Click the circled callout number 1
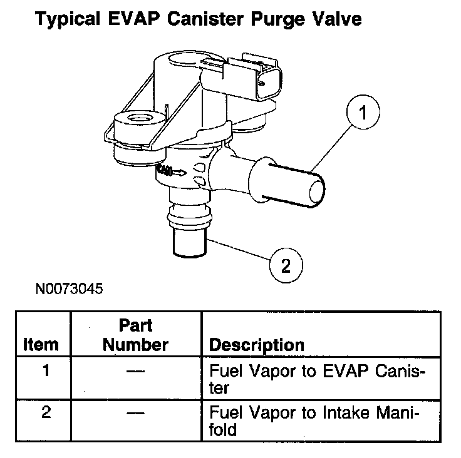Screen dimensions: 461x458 [x=363, y=112]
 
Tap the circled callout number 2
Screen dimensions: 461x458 [x=286, y=265]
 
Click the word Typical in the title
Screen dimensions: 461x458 [x=68, y=19]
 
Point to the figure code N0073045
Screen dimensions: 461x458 [x=69, y=288]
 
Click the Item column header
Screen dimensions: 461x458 [x=41, y=344]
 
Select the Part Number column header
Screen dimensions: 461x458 [x=135, y=335]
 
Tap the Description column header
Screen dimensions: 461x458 [x=257, y=345]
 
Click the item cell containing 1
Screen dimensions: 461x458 [x=46, y=370]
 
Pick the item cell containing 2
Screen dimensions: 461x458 [x=46, y=412]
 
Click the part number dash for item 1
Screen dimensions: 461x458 [x=135, y=371]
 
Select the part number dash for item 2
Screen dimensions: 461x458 [x=135, y=414]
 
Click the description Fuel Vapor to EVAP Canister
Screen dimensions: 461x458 [x=317, y=379]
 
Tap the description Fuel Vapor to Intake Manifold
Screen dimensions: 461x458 [x=314, y=421]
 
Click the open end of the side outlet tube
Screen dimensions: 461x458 [x=317, y=192]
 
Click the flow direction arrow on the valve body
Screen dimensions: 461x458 [x=179, y=173]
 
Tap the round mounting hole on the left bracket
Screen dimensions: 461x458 [x=140, y=119]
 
